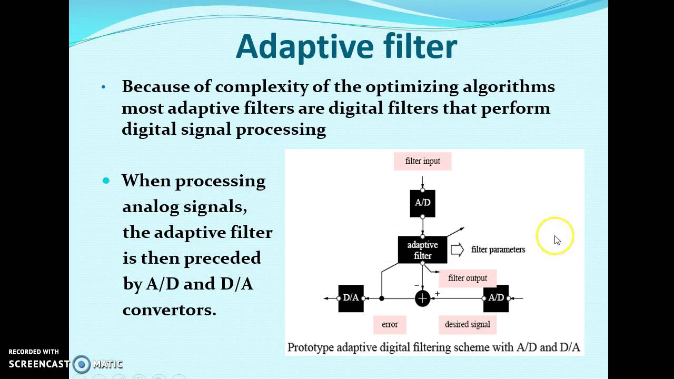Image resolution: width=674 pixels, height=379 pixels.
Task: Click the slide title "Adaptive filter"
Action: click(x=346, y=47)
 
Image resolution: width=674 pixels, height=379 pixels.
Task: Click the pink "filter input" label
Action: click(x=422, y=161)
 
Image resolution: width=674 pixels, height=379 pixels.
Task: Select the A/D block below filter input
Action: click(x=422, y=203)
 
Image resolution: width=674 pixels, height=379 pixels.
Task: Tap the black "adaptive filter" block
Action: click(x=422, y=250)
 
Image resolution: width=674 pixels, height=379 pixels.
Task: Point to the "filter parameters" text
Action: click(x=498, y=250)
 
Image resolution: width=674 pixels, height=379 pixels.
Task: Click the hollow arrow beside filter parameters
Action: click(x=457, y=250)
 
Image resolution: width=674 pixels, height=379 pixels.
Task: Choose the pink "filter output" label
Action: click(x=467, y=278)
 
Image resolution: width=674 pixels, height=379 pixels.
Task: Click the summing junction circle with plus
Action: click(x=422, y=298)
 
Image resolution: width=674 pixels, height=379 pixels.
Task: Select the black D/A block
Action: click(x=351, y=298)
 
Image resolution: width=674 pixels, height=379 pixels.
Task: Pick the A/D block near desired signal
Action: click(x=496, y=298)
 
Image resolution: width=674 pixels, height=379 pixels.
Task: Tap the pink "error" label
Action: click(x=390, y=324)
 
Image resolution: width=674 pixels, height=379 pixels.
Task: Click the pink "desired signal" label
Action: click(x=467, y=324)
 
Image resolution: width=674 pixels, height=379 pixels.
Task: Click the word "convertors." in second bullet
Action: click(x=169, y=310)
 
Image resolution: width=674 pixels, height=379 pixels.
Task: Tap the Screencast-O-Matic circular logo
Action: click(x=82, y=364)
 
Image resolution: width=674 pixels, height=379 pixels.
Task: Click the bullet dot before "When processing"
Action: click(x=106, y=181)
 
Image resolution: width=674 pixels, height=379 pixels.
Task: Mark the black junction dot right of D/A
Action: click(x=382, y=298)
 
